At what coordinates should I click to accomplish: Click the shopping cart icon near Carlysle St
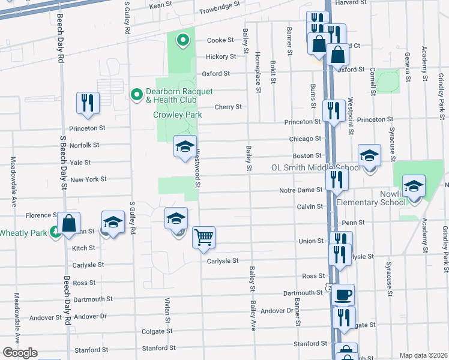203,237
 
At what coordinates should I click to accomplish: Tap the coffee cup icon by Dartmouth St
343,295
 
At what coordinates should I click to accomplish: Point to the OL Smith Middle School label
316,168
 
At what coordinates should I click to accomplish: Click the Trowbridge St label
220,4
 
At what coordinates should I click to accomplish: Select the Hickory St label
220,56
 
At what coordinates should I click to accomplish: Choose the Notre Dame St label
301,191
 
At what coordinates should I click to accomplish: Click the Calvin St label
309,206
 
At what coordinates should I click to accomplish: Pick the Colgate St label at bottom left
157,331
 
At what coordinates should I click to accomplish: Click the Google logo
19,353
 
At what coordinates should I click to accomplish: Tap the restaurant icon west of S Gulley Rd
88,103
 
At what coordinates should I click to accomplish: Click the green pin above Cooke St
183,40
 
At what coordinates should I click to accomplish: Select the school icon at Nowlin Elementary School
414,187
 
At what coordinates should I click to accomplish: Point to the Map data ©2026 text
423,355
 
